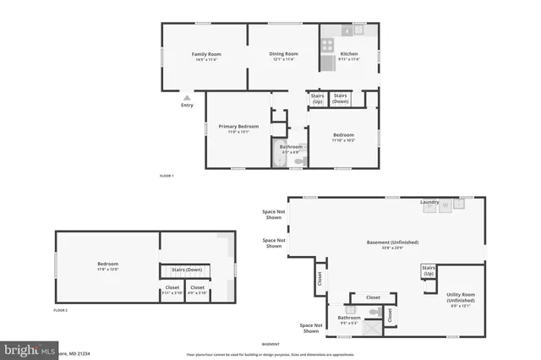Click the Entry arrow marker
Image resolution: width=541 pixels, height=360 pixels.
187,98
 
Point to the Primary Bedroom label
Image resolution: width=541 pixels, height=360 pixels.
238,128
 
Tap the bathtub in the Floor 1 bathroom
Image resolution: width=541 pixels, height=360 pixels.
280,157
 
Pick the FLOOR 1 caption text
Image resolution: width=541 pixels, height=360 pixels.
167,176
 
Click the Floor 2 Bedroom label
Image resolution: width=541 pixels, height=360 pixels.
107,266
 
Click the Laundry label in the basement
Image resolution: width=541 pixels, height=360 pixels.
429,202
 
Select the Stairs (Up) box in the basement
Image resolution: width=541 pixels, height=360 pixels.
429,271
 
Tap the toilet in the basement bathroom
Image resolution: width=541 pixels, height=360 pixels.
374,313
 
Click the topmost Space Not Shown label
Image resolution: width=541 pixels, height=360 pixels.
272,214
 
